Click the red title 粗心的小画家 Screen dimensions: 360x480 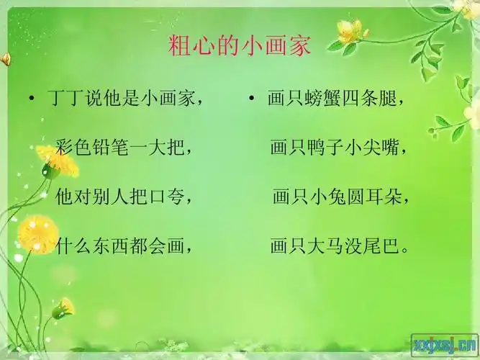(x=240, y=46)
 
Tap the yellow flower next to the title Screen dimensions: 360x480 (x=350, y=32)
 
